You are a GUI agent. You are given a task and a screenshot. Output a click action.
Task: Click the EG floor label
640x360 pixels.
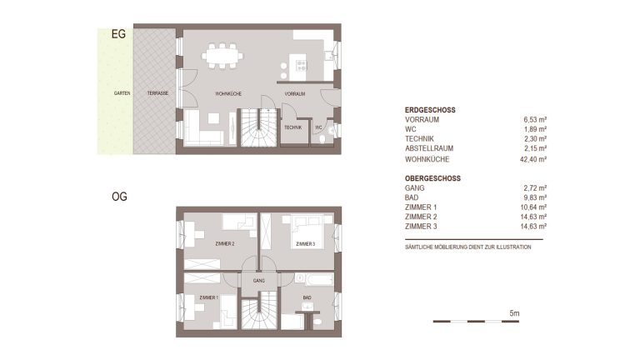coord(118,34)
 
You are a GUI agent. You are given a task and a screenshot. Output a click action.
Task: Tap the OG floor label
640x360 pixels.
coord(119,197)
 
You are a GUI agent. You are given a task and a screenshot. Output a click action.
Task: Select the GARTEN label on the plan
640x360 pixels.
coord(122,93)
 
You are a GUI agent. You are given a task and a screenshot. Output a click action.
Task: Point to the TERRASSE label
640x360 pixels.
coord(157,93)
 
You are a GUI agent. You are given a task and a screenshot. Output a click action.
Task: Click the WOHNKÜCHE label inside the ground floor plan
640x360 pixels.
coord(228,94)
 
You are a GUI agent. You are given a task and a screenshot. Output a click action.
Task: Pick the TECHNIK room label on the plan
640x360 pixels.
coord(293,127)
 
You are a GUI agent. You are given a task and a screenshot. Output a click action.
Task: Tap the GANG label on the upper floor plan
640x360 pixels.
coord(259,281)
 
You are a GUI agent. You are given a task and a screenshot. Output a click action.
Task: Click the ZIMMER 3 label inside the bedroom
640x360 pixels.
coord(305,244)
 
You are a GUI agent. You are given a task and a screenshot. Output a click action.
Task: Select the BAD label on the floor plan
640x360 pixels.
coord(307,297)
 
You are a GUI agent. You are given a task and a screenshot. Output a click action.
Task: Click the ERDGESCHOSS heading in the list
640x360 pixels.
coord(430,110)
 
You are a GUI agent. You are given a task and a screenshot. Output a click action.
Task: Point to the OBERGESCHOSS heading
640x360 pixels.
coord(432,178)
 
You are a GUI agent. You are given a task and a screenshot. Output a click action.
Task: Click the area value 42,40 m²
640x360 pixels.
coord(533,159)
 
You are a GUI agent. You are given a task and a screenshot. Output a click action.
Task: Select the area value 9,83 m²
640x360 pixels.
coord(535,197)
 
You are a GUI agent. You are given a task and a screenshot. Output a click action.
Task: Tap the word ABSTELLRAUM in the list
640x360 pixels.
coord(429,148)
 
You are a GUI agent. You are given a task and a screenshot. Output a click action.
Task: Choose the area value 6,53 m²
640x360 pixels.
coord(535,120)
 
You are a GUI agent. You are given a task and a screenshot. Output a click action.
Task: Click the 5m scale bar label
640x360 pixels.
coord(514,313)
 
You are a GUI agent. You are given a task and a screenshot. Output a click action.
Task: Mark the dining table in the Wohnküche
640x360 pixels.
coord(222,56)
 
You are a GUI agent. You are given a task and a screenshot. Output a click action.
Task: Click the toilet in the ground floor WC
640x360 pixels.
coord(322,140)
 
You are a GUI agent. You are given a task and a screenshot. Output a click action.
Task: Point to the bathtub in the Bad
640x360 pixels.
coord(314,279)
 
